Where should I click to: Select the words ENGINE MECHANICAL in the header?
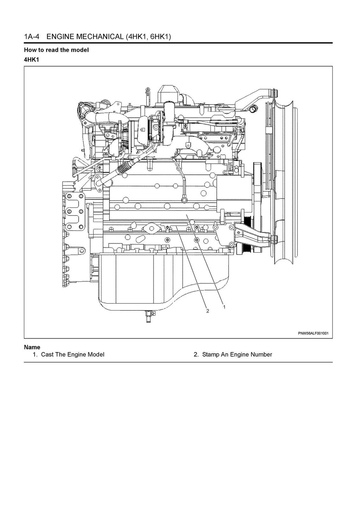point(85,37)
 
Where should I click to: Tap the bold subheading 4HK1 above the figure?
point(31,59)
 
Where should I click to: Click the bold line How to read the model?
point(56,50)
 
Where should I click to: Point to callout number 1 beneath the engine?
point(224,307)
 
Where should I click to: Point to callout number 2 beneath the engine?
point(207,311)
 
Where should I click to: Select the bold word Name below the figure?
point(32,347)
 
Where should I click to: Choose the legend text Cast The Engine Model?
point(72,354)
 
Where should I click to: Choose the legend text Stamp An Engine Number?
point(237,354)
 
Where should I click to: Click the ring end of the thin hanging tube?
point(184,200)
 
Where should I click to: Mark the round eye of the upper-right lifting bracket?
point(252,109)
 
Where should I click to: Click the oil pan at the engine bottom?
point(158,281)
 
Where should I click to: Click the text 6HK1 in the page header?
point(159,37)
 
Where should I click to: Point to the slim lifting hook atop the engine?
point(148,93)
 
